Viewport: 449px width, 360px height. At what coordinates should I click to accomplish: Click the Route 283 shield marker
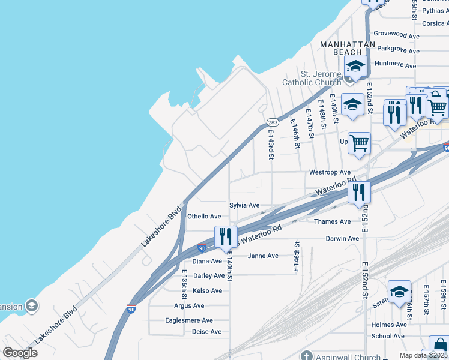pos(272,122)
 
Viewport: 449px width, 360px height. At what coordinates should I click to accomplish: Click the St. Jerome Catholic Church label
pos(312,78)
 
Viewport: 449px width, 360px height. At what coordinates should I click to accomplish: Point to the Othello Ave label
pos(204,217)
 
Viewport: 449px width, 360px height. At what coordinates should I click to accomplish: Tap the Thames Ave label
pos(332,221)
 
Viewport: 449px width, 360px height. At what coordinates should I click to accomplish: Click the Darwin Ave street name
pos(342,239)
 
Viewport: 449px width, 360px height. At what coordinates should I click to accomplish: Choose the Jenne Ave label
pos(263,256)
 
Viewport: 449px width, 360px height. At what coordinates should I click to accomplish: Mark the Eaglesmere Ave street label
pos(189,320)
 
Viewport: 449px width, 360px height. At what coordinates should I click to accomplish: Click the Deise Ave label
pos(206,332)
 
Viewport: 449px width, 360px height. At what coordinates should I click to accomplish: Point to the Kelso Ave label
pos(208,291)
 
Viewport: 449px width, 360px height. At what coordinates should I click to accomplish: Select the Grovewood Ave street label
pos(396,35)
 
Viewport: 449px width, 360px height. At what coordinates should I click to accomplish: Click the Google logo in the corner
pos(20,353)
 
